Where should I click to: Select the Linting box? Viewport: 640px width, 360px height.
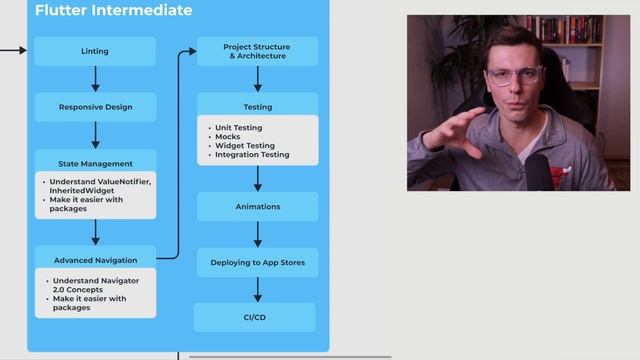tap(95, 51)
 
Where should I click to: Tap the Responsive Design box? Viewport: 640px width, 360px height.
tap(95, 107)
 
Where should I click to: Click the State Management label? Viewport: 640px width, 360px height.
tap(95, 163)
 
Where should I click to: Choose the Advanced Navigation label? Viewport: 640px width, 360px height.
tap(95, 260)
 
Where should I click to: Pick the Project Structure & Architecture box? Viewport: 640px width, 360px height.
tap(257, 51)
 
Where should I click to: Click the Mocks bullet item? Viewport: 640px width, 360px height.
tap(228, 137)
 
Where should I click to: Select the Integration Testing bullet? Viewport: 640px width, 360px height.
tap(253, 155)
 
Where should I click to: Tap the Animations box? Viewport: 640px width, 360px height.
tap(257, 207)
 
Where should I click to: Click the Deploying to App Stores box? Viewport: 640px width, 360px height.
tap(257, 262)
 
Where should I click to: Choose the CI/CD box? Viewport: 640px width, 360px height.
tap(255, 317)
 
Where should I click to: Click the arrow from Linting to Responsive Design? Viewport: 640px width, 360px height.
tap(96, 79)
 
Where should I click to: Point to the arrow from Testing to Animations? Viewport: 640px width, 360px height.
tap(258, 179)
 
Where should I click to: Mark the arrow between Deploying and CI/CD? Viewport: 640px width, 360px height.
tap(258, 290)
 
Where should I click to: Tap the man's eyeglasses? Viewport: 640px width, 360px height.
tap(515, 76)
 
